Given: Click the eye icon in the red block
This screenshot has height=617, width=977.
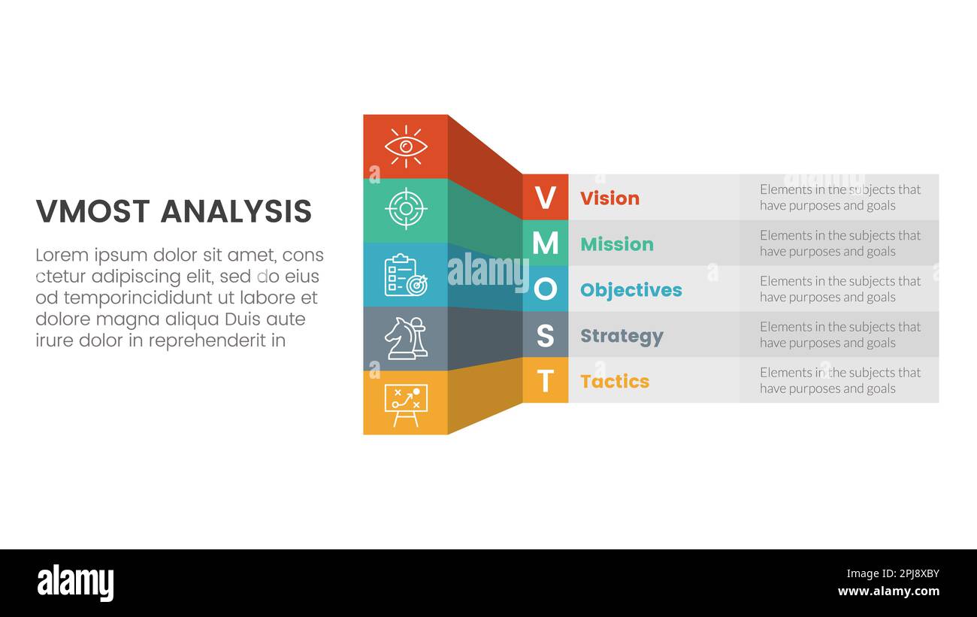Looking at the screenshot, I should click(406, 147).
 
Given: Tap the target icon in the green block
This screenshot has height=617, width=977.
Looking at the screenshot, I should click(406, 209).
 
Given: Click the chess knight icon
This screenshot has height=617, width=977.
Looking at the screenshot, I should click(406, 338).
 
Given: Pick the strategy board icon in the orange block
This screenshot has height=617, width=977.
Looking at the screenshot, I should click(406, 404).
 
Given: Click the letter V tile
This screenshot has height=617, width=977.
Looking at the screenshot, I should click(545, 198).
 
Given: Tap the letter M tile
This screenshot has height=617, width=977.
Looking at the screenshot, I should click(545, 243).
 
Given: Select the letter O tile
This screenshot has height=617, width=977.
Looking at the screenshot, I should click(545, 289).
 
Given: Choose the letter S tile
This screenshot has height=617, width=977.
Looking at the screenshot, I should click(545, 336).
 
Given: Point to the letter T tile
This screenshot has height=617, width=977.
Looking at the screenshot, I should click(545, 381).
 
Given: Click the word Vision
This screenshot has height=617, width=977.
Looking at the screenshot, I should click(609, 198).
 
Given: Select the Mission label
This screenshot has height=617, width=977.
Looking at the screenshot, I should click(616, 244).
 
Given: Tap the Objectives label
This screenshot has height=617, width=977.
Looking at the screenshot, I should click(631, 290).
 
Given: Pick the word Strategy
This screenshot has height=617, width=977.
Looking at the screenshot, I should click(622, 336).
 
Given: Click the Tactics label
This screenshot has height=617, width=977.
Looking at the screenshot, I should click(614, 382).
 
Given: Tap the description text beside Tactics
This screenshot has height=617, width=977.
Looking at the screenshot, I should click(839, 380).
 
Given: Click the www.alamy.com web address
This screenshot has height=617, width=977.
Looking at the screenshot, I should click(888, 591).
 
